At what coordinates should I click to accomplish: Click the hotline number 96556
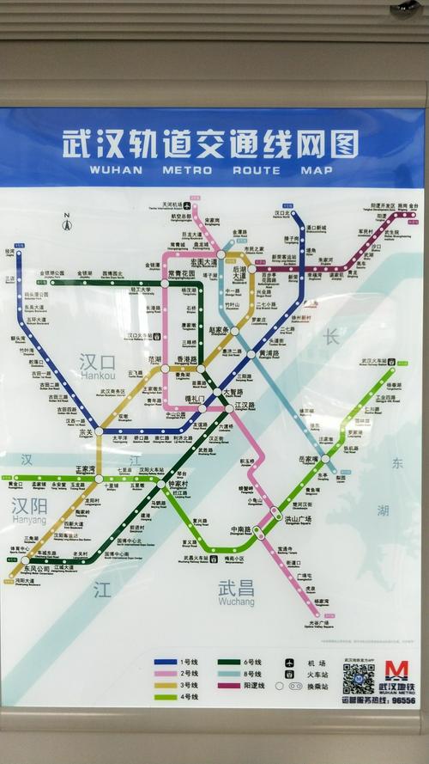point(402,700)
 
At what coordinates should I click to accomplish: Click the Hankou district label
point(97,365)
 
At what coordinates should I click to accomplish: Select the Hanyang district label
point(29,510)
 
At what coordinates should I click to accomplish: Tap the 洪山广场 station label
point(298,520)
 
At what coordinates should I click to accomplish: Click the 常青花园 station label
point(182,272)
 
